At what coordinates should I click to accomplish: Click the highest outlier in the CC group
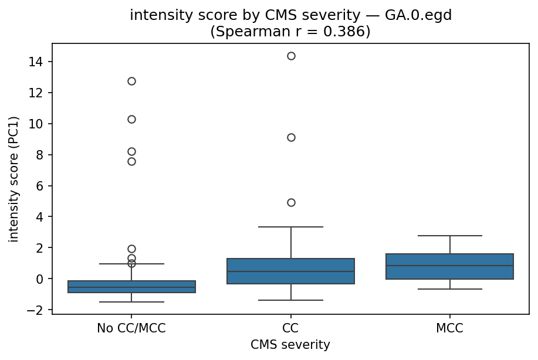pos(291,56)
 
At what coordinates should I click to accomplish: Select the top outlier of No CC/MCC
pos(131,81)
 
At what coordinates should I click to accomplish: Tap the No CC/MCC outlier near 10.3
pos(131,119)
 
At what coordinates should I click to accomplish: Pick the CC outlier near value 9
pos(291,137)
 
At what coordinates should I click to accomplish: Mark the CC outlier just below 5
pos(291,202)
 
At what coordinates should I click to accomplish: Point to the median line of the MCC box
pos(450,266)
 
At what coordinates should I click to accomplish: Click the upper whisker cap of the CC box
pos(291,226)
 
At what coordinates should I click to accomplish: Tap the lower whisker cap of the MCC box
pos(450,289)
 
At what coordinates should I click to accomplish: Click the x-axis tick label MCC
pos(450,328)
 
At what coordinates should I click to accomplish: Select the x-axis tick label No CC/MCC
pos(131,328)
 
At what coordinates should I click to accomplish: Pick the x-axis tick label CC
pos(291,328)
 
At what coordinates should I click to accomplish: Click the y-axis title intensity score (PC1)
pos(13,179)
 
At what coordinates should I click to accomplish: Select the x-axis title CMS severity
pos(290,345)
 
